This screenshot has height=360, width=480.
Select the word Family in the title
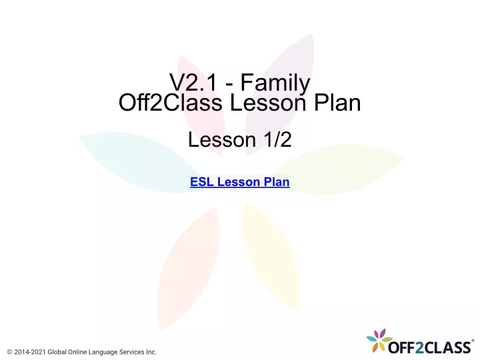click(275, 84)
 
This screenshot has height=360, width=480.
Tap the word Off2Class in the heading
click(170, 102)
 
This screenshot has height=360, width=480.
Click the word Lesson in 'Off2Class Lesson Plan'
click(267, 103)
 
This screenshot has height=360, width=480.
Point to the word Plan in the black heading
click(337, 102)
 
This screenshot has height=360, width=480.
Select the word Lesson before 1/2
click(222, 140)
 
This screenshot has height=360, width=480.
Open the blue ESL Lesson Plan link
click(240, 182)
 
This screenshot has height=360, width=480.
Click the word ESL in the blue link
click(202, 182)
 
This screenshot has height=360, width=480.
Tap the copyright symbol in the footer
click(9, 352)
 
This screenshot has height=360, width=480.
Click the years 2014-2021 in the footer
click(30, 352)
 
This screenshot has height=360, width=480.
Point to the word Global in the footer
click(57, 352)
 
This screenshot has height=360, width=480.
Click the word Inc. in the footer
click(151, 352)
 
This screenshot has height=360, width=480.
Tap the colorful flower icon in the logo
click(379, 340)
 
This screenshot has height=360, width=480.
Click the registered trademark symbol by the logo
click(473, 341)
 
